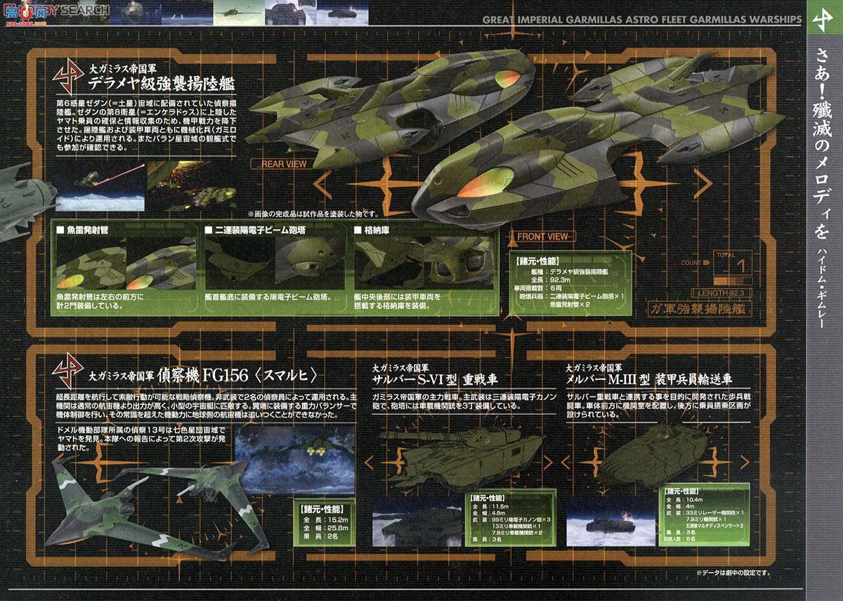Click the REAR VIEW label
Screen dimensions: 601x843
click(x=284, y=165)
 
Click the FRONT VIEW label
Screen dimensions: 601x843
click(x=543, y=237)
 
